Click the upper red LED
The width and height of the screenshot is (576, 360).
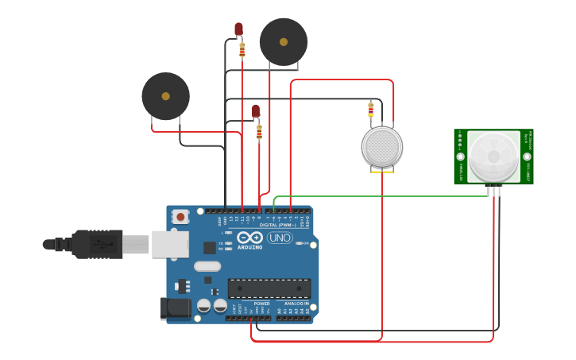[x=238, y=29]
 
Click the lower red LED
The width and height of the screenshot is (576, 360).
[x=256, y=111]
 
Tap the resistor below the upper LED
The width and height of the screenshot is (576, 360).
[x=242, y=50]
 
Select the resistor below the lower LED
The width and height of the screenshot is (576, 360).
[x=259, y=132]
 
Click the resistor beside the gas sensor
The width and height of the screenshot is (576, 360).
[x=370, y=109]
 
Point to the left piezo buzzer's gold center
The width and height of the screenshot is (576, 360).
[x=165, y=96]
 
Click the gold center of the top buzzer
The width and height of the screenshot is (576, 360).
[x=284, y=42]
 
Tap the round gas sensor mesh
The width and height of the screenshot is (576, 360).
[x=382, y=147]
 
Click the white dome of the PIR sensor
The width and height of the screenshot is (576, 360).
[x=493, y=157]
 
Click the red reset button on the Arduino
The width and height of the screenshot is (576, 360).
[x=180, y=216]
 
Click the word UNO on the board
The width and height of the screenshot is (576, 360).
[x=280, y=238]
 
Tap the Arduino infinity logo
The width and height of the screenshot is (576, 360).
[x=249, y=238]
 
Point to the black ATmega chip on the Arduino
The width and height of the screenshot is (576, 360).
[x=269, y=288]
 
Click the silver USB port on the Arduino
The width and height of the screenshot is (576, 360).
[x=170, y=244]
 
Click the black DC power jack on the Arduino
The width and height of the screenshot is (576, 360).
[x=176, y=308]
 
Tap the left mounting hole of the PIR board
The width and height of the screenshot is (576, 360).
[x=460, y=157]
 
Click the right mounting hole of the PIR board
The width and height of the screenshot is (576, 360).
[x=528, y=157]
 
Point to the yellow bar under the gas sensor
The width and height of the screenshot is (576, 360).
[x=382, y=169]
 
